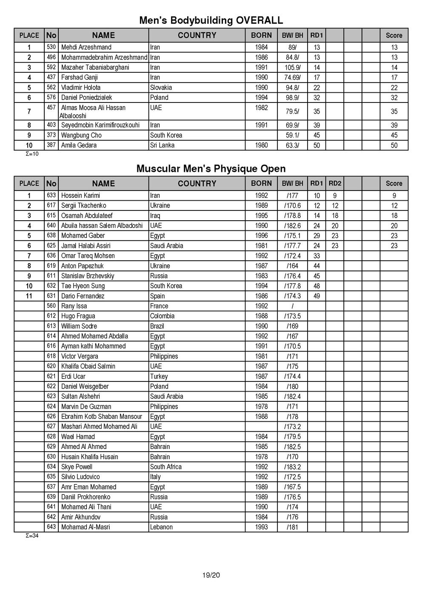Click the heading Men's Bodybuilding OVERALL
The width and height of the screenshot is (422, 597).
pos(211,20)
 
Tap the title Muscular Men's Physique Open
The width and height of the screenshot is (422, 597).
pos(211,169)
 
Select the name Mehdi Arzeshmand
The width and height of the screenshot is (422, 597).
pos(86,47)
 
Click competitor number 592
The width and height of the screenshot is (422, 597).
pos(51,67)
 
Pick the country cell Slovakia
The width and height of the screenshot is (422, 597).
pos(161,88)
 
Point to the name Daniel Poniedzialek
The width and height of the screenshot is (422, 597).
pos(86,97)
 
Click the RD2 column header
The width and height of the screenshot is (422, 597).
pos(335,184)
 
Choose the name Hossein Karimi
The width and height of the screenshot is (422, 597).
pos(81,196)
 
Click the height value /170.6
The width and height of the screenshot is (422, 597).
pos(292,206)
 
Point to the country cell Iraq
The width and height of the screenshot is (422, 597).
pos(155,216)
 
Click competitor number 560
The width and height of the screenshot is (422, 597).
pos(51,306)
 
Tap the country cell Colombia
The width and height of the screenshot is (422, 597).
pos(162,316)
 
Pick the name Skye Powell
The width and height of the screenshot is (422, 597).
pos(77,467)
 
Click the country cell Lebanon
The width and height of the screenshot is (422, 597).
pos(161,527)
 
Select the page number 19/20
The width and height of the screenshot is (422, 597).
pos(211,576)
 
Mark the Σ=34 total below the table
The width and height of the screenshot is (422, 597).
pos(32,536)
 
